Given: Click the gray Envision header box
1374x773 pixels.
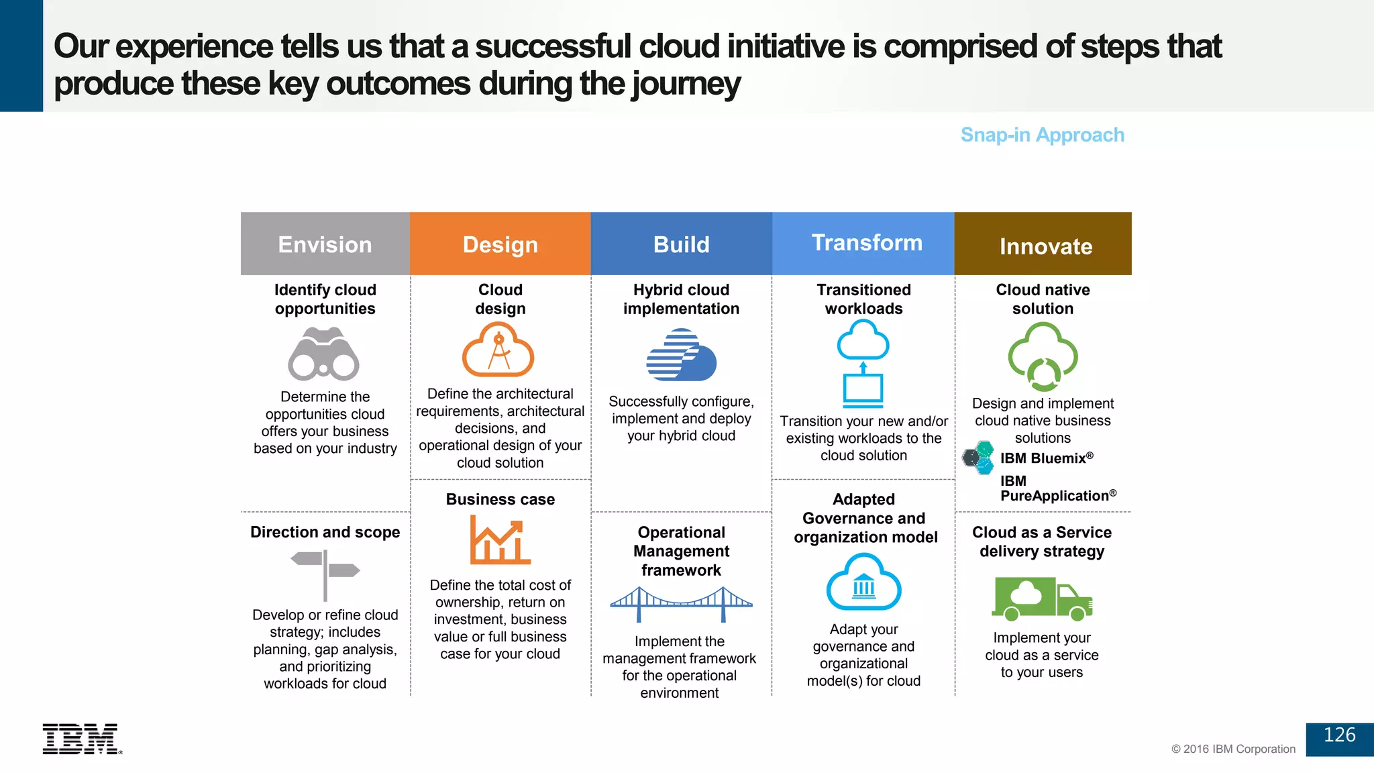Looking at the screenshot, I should [x=325, y=244].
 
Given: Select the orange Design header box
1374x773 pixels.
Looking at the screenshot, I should [x=500, y=244].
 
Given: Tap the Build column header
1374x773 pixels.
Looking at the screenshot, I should [x=681, y=244].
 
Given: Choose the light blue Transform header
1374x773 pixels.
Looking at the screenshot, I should [x=863, y=244].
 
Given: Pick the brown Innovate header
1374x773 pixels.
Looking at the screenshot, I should [x=1043, y=244].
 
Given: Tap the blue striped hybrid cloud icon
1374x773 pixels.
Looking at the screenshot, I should [x=681, y=355].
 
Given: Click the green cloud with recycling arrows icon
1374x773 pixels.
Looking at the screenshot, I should [x=1043, y=356].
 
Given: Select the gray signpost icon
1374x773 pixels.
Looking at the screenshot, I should [x=325, y=574].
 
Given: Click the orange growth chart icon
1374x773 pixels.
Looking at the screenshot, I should [x=499, y=540].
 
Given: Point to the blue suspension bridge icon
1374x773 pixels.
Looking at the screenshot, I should [x=681, y=603].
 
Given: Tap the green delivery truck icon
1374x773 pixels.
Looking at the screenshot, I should [x=1041, y=598].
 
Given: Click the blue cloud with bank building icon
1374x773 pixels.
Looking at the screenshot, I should [x=863, y=582].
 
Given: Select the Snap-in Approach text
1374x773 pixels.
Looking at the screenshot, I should [x=1042, y=135].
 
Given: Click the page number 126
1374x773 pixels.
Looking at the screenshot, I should [x=1339, y=735].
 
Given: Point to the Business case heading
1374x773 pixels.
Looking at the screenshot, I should [x=500, y=499].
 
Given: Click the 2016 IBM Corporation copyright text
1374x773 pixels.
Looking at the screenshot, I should [x=1233, y=749].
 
